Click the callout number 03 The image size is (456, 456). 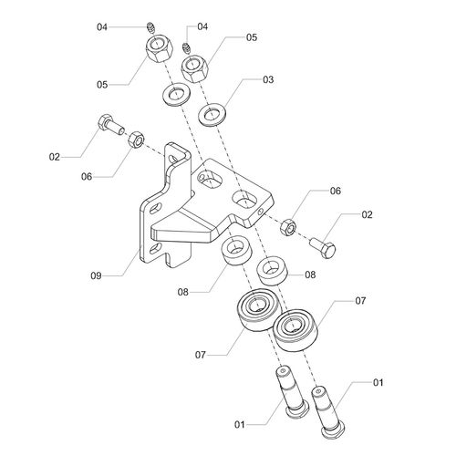(268, 79)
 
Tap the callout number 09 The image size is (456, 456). (96, 275)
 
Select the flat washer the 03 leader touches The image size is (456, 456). (212, 115)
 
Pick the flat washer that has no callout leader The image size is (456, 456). (176, 95)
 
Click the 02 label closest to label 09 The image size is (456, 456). (55, 157)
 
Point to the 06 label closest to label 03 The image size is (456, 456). (336, 191)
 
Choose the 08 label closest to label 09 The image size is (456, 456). (183, 292)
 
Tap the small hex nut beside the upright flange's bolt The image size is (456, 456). (136, 140)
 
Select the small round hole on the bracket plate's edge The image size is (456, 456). (261, 212)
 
